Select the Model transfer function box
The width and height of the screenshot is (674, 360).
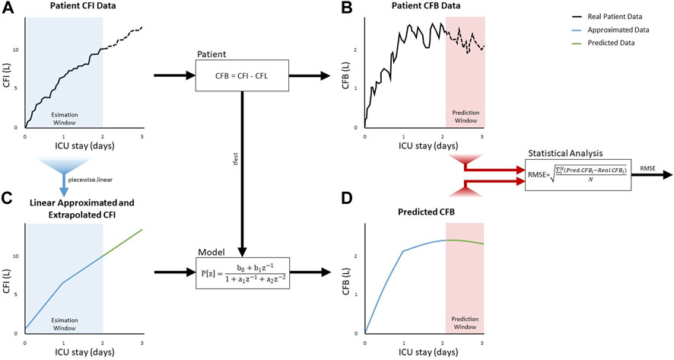[241, 271]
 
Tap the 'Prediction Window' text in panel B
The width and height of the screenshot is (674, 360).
[465, 121]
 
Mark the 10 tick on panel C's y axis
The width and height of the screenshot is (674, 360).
[18, 256]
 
